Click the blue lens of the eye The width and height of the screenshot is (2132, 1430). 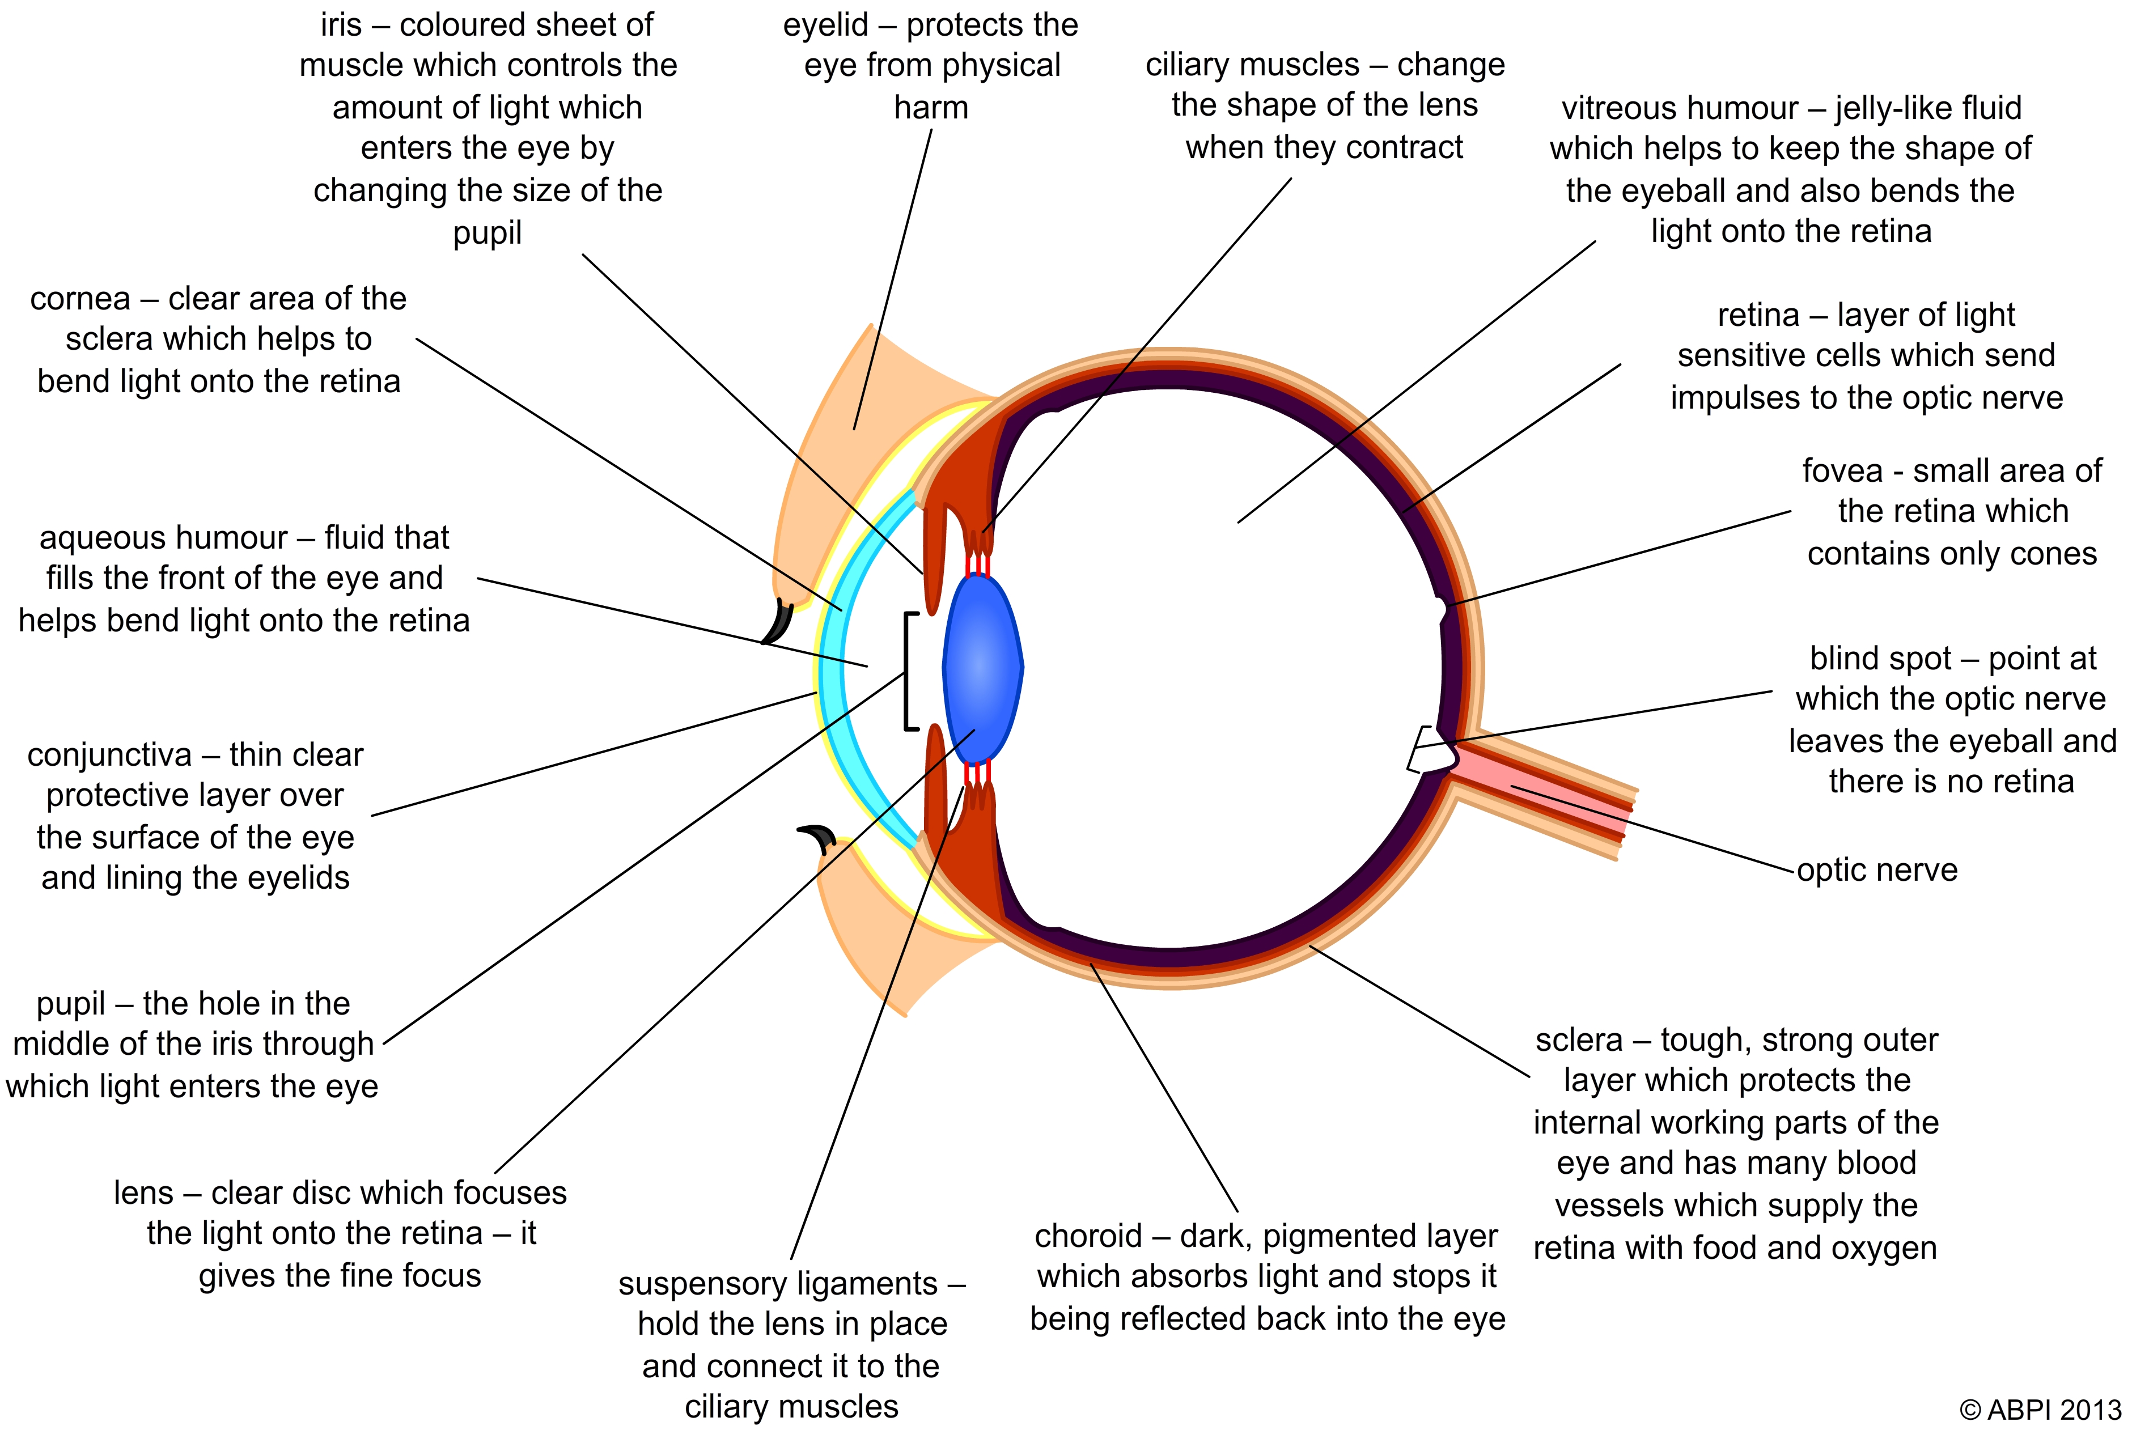click(x=982, y=668)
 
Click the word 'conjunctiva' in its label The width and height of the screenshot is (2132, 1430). click(x=109, y=755)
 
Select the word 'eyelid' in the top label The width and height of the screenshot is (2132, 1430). click(x=825, y=24)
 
